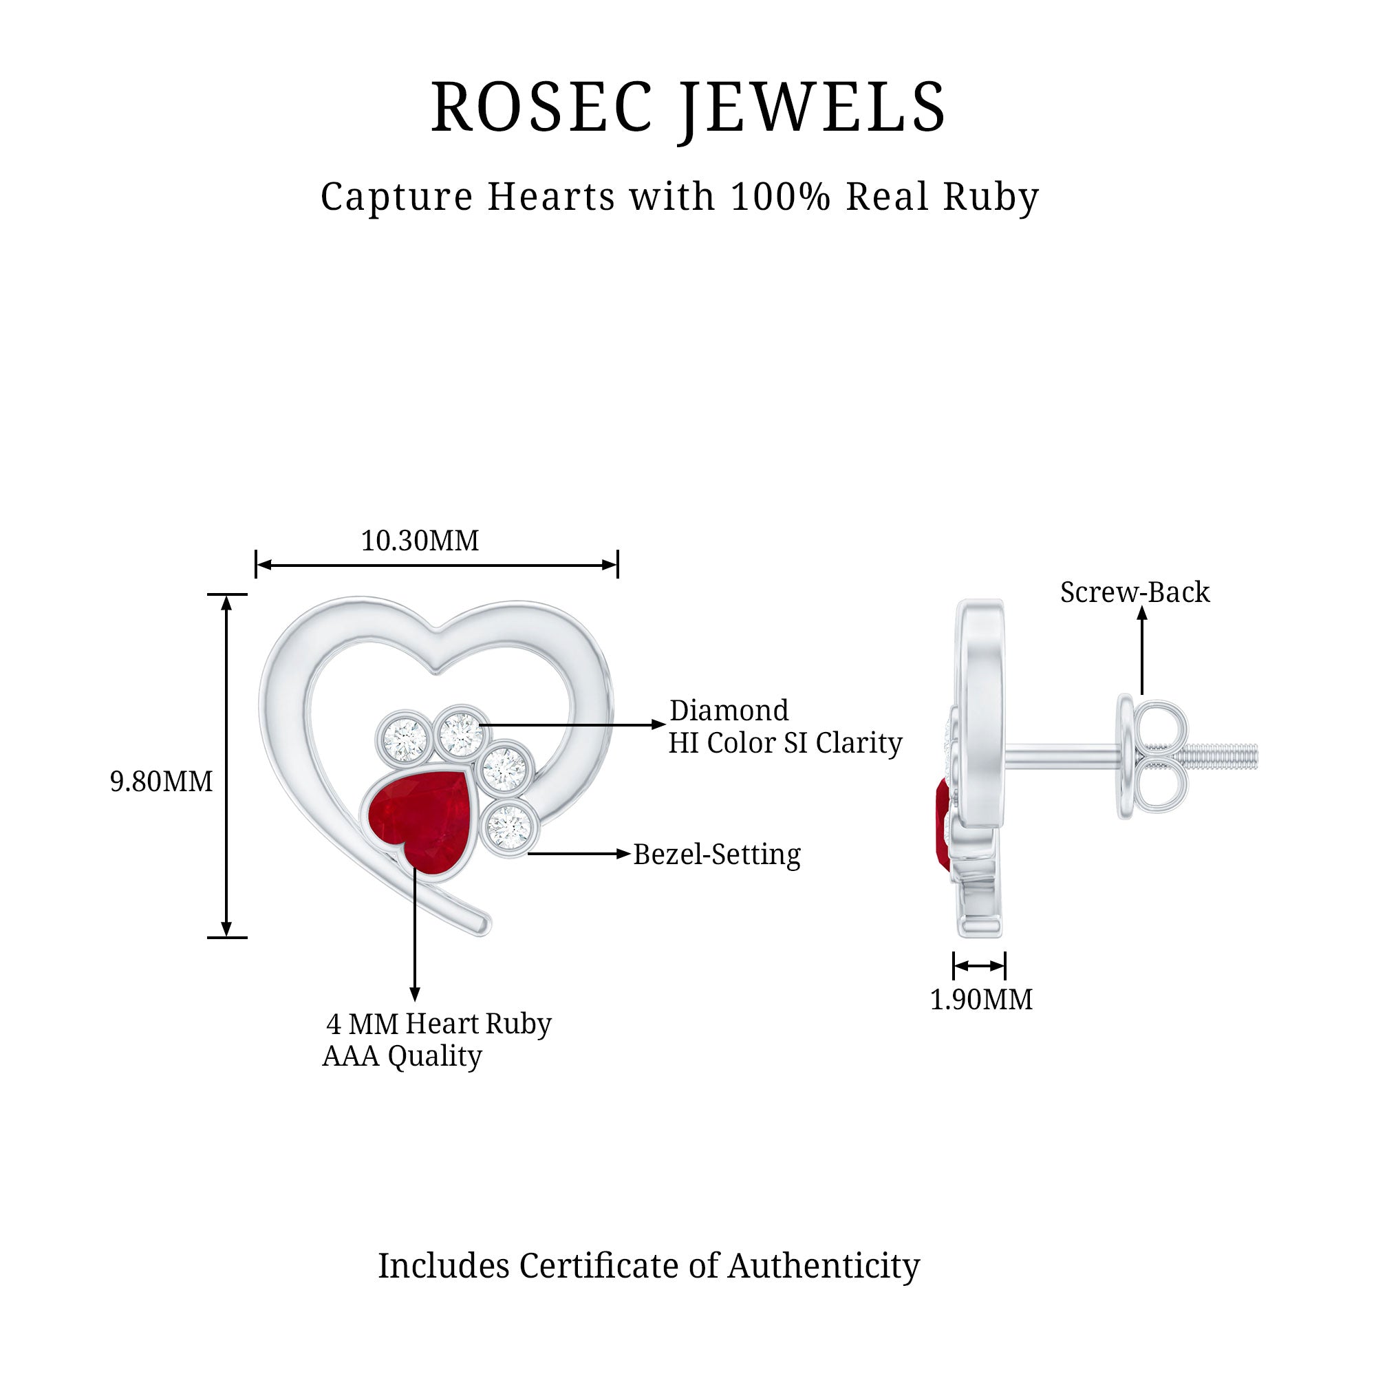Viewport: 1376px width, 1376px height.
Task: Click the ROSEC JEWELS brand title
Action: point(688,107)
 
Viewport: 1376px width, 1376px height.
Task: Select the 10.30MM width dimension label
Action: point(420,541)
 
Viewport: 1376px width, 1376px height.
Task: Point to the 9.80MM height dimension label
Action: point(161,782)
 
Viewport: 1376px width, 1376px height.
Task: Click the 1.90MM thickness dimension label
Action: point(980,999)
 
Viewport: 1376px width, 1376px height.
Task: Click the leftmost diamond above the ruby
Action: point(404,736)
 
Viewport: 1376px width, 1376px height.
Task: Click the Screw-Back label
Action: point(1135,592)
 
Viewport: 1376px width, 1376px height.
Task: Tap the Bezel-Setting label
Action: point(716,854)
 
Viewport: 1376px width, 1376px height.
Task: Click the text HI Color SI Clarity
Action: point(785,743)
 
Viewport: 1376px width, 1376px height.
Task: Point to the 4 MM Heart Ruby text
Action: point(439,1024)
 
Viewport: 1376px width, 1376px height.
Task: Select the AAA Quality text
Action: point(402,1055)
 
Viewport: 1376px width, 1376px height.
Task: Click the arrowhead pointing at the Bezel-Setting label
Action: point(624,854)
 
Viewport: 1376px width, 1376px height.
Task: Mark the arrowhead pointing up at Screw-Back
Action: point(1141,614)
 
